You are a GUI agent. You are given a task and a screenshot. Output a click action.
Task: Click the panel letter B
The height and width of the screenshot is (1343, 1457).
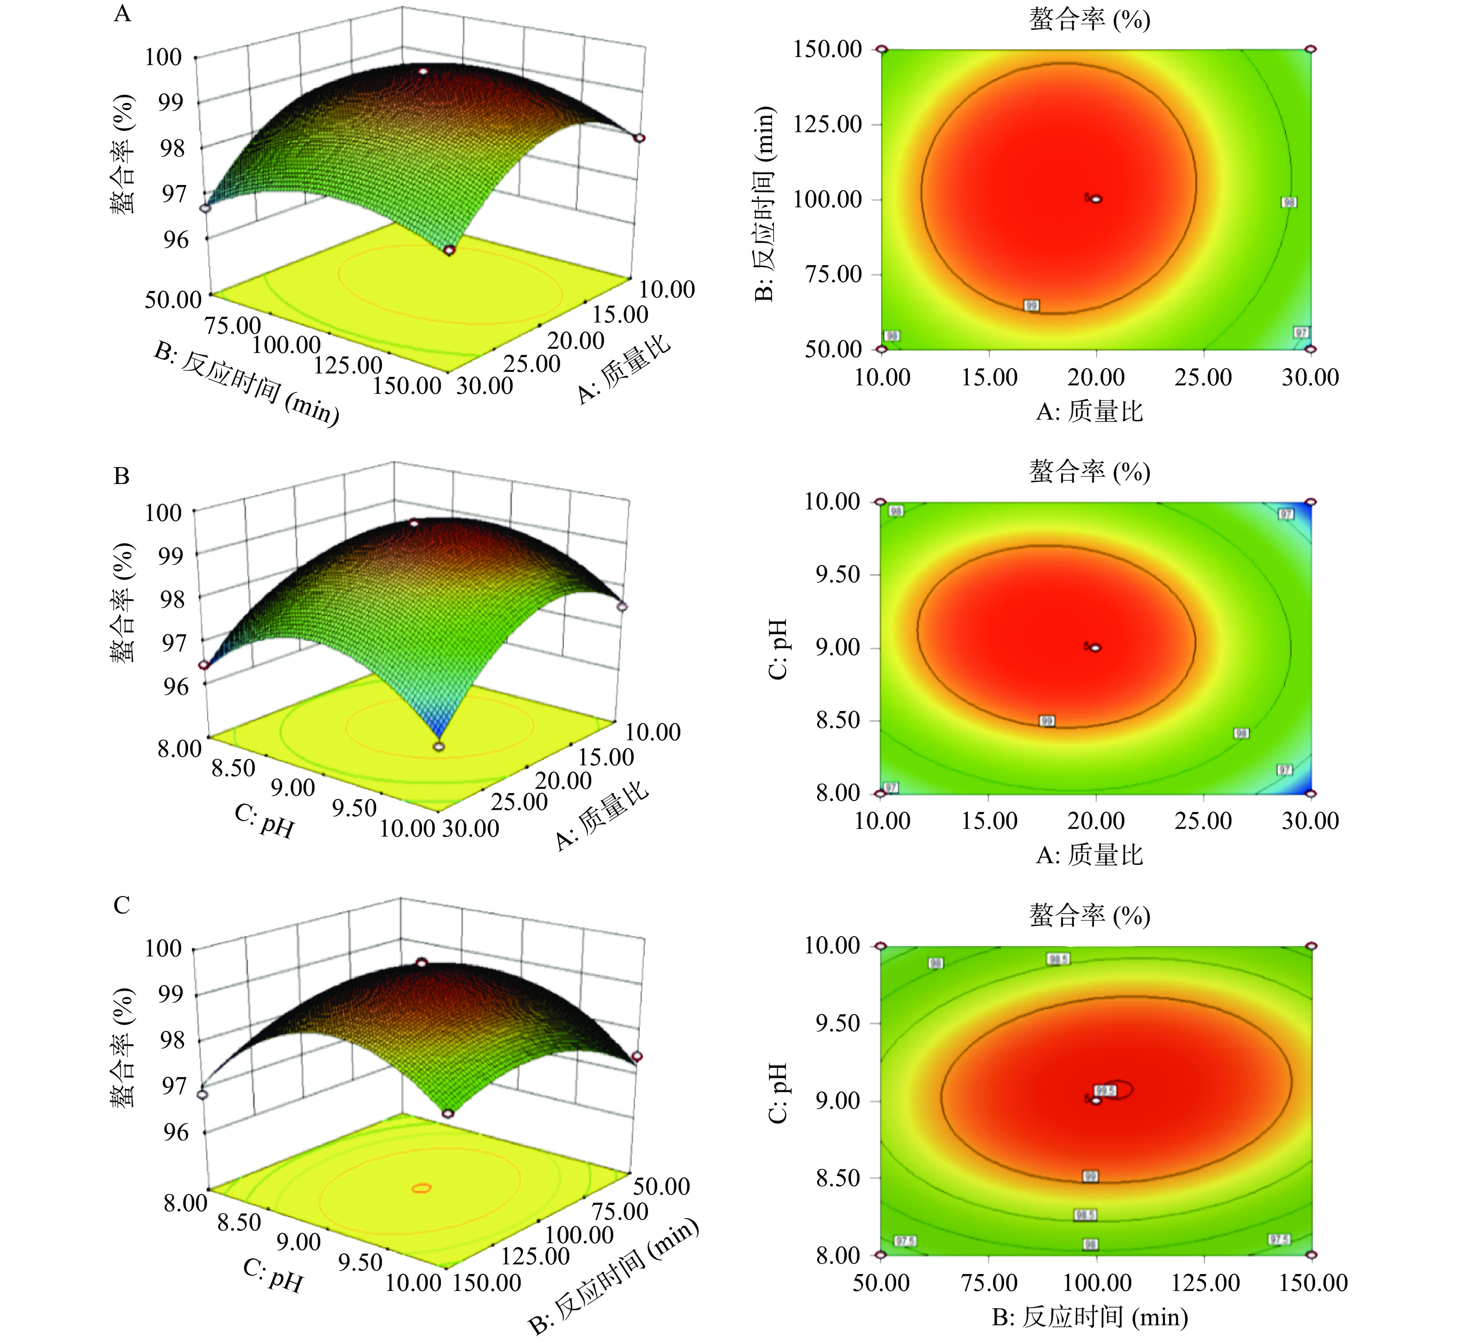[121, 476]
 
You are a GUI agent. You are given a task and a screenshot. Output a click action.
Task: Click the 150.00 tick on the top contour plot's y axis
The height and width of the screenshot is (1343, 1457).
[828, 49]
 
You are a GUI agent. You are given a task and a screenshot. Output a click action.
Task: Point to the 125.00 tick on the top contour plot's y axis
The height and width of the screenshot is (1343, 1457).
[828, 124]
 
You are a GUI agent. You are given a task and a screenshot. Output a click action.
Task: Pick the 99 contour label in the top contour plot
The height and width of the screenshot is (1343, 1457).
[1032, 306]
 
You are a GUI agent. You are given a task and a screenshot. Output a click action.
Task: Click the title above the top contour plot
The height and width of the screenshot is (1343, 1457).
[1089, 20]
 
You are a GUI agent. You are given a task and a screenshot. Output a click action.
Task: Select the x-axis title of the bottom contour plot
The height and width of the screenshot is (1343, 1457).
[1089, 1317]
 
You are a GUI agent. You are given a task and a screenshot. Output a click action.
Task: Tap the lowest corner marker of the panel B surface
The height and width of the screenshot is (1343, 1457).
[439, 746]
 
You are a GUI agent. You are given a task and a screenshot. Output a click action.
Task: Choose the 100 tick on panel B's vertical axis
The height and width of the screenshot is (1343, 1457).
[163, 513]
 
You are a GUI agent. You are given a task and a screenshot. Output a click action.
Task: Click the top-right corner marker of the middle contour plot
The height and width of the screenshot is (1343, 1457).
[1311, 501]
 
